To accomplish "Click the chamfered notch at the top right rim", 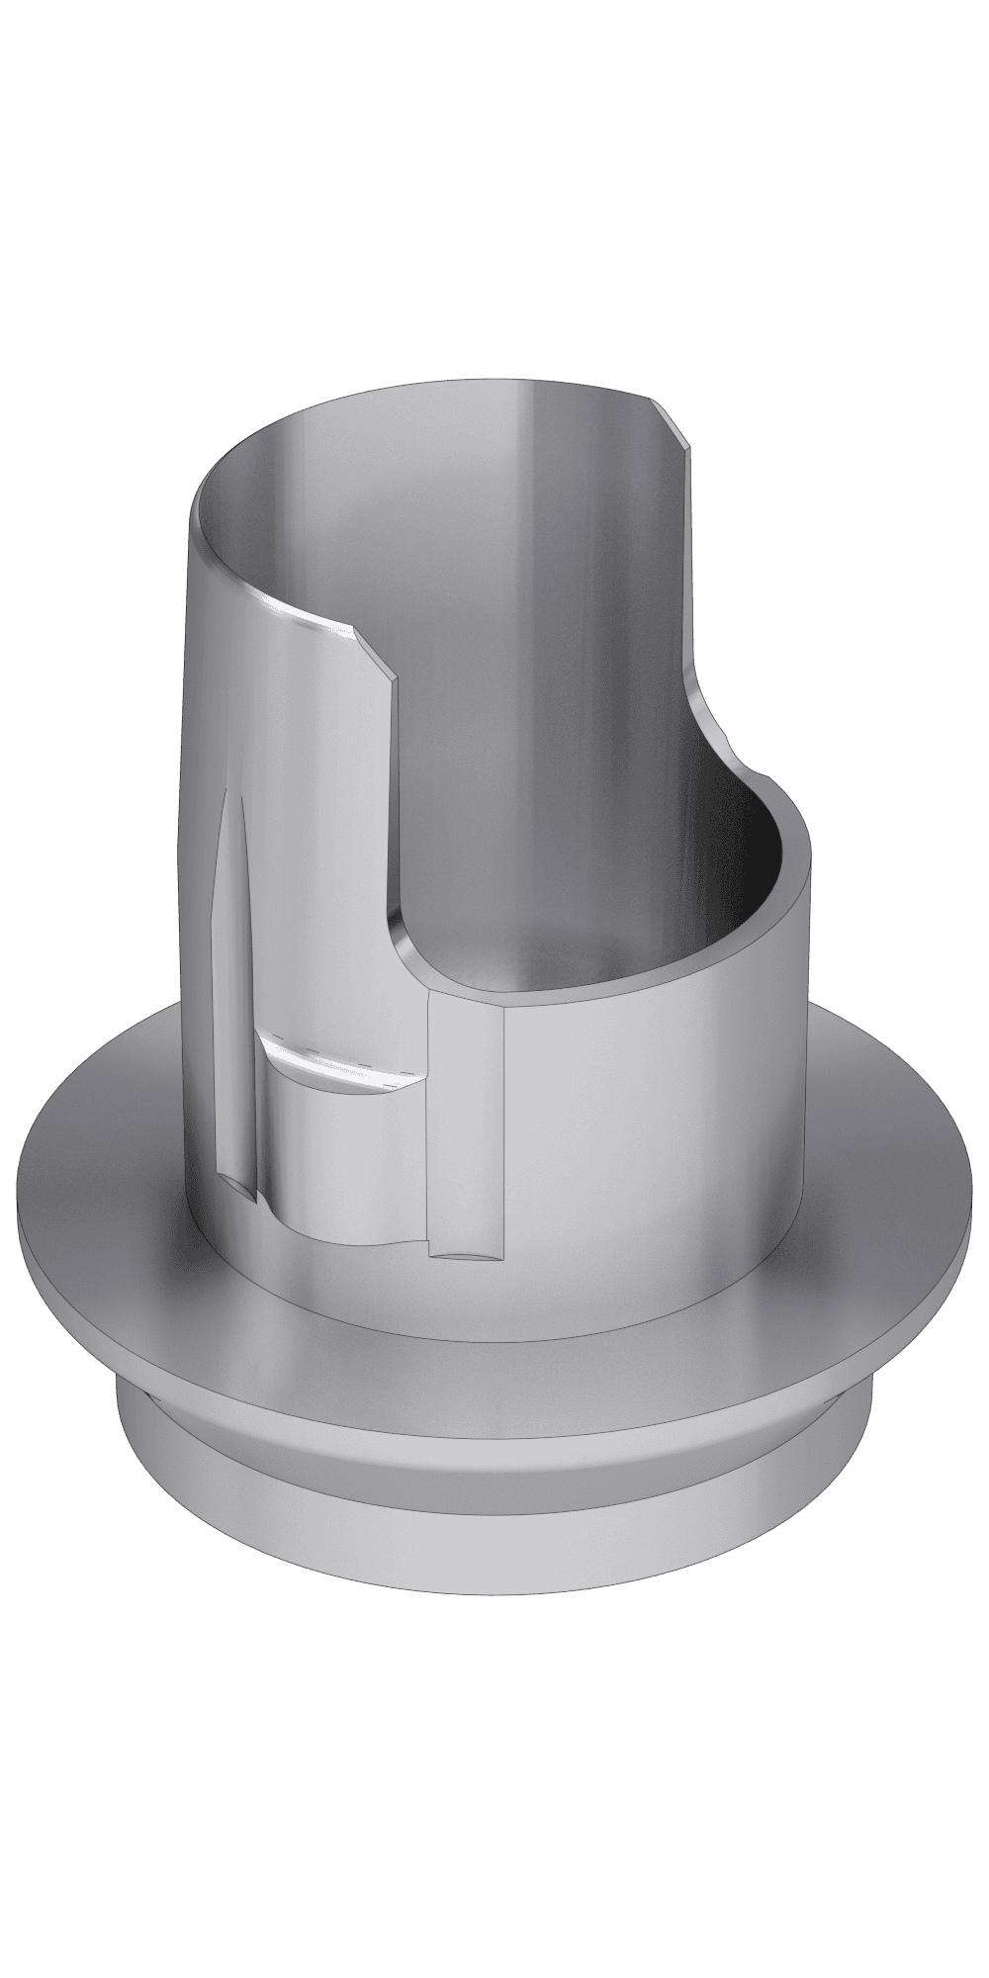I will [680, 425].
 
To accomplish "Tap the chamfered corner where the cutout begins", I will [372, 650].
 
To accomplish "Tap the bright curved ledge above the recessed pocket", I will [336, 1068].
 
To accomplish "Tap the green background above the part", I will [494, 148].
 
